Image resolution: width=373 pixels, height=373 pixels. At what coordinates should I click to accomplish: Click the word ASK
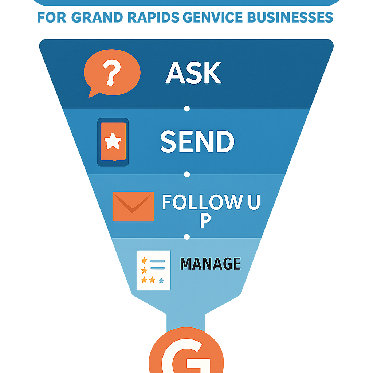coord(193,73)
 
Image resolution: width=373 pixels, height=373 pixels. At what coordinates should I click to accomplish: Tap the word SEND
coord(197,141)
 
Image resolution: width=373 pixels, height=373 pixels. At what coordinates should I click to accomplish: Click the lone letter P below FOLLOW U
coord(205,221)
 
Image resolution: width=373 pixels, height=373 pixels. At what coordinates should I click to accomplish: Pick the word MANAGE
coord(211,263)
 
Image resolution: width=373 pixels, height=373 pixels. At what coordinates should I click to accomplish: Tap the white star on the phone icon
coord(113,141)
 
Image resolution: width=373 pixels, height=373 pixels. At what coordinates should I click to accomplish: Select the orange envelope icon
coord(133,207)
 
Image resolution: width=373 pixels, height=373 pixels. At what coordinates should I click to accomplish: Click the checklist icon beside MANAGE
coord(154,270)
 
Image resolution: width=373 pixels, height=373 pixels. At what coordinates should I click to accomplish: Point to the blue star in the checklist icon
coord(161,280)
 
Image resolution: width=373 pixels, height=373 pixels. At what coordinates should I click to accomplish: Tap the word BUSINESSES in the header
coord(287,17)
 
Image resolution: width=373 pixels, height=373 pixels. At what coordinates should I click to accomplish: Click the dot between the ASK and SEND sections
coord(187,108)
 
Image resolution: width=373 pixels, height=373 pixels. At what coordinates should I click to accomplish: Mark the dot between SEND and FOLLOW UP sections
coord(187,174)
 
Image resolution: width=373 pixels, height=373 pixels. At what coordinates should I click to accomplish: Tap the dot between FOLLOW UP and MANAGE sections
coord(187,237)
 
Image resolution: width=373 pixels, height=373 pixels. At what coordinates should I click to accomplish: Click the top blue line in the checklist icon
coord(158,260)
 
